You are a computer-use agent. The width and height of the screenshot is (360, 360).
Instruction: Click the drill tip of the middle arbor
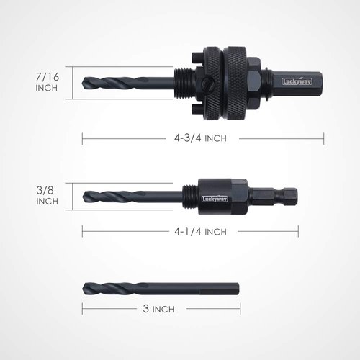[x=87, y=195]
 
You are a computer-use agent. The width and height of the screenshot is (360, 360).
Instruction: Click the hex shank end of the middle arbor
[x=292, y=194]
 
